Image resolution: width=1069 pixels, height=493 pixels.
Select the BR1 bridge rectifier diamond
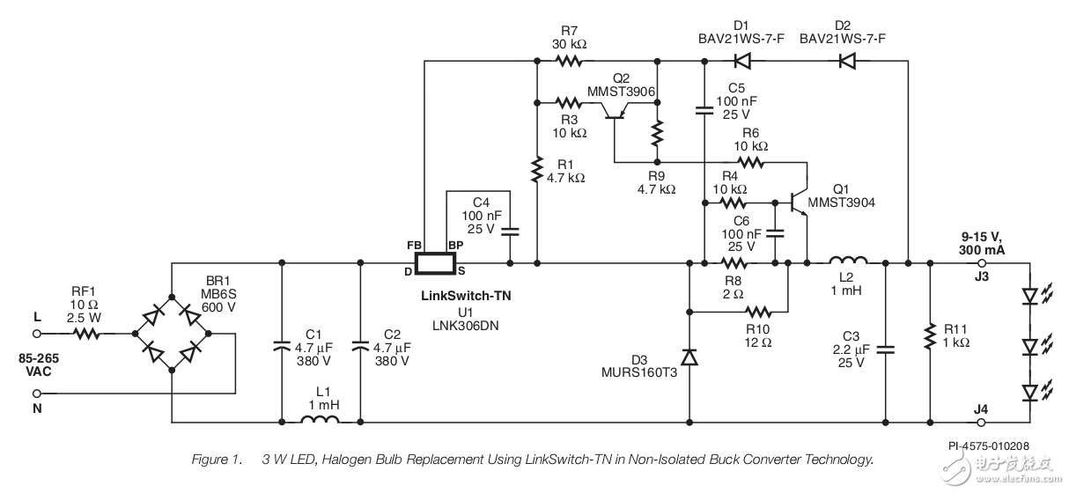173,334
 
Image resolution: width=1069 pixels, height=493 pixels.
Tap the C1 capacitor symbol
281,346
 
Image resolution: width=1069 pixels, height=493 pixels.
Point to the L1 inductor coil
321,422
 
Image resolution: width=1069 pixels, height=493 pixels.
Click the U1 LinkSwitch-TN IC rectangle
435,262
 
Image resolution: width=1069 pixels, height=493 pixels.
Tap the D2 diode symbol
847,61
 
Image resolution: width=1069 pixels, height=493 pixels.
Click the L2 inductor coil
849,261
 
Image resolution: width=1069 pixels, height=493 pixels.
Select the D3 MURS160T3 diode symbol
689,357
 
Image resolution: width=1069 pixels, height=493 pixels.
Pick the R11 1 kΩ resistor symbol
930,335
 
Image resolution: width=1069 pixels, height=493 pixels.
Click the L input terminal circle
38,334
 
